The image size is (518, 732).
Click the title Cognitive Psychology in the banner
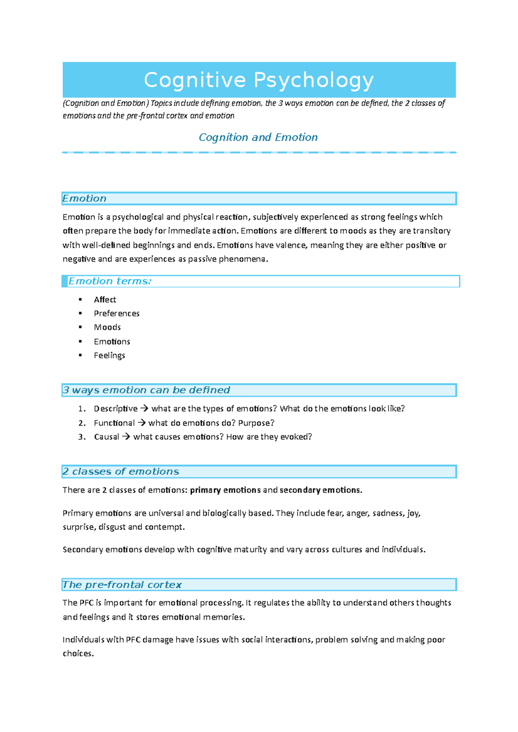[259, 80]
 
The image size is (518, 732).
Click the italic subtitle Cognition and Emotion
[258, 137]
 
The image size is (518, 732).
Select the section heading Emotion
[84, 198]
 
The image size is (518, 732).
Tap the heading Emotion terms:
[110, 281]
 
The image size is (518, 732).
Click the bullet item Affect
[105, 300]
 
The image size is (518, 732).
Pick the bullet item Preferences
[117, 313]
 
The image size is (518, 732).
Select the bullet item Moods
[107, 327]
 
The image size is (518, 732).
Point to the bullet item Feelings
[109, 355]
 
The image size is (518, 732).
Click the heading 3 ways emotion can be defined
[146, 390]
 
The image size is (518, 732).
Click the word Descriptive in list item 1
[115, 409]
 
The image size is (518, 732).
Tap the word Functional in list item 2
[114, 423]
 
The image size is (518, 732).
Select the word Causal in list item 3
[106, 437]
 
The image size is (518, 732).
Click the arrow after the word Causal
[126, 437]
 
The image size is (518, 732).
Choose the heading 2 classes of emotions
[120, 472]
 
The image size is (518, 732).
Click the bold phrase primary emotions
[225, 490]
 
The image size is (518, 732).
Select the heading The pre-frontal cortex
[122, 585]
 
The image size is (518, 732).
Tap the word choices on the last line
[78, 654]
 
